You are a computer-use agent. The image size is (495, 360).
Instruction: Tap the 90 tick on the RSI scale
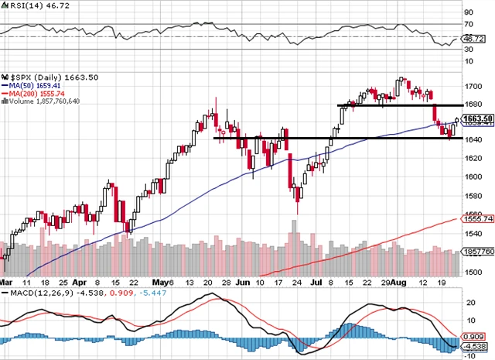(x=469, y=13)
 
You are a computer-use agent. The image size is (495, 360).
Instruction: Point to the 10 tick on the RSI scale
(x=469, y=60)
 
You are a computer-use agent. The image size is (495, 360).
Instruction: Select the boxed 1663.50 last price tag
(x=474, y=119)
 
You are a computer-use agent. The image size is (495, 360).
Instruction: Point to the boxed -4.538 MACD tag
(x=473, y=348)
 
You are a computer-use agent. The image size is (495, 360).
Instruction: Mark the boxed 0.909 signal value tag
(x=473, y=338)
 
